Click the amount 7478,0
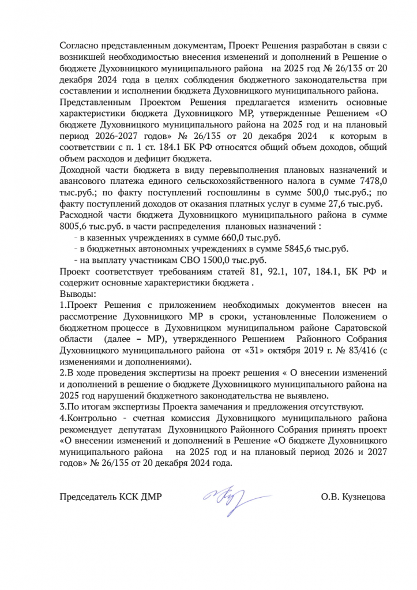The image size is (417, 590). click(x=365, y=181)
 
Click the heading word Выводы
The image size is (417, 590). click(x=75, y=294)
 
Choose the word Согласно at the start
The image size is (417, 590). click(x=78, y=44)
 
